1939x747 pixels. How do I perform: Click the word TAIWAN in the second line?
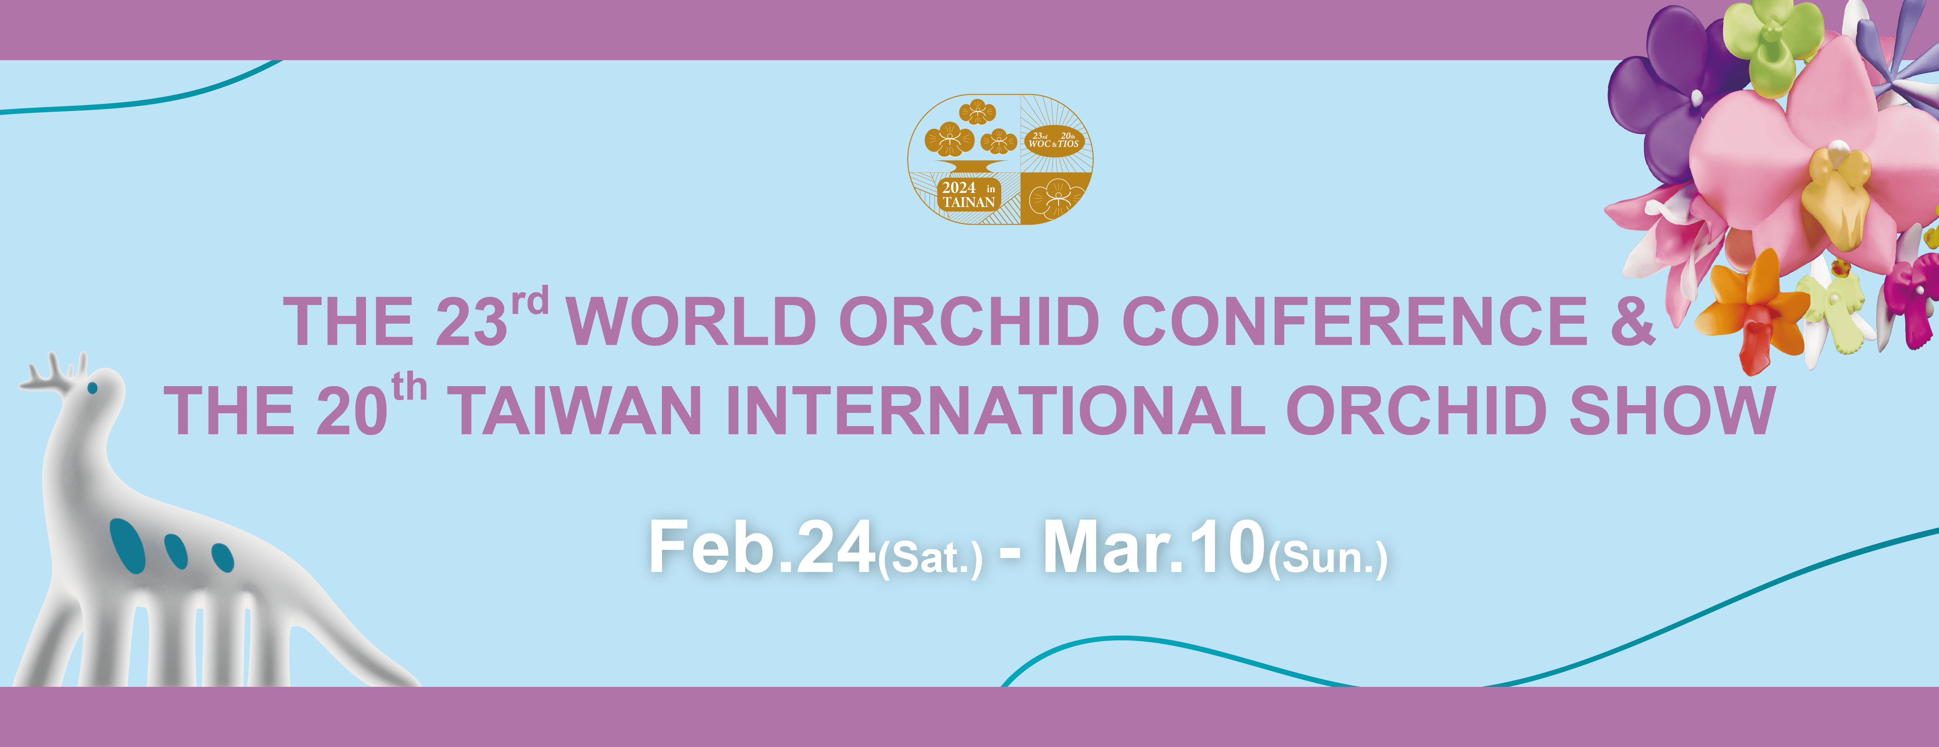(578, 411)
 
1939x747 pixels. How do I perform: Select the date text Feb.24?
(762, 548)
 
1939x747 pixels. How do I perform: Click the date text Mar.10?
(1153, 548)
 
